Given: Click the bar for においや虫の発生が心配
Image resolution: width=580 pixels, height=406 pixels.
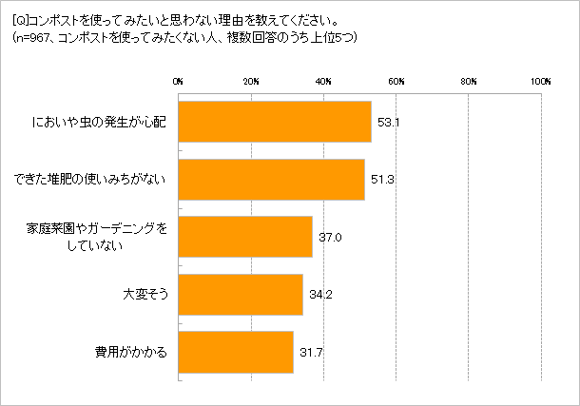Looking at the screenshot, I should [275, 122].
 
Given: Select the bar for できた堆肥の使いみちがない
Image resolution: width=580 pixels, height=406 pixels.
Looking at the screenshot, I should [271, 180].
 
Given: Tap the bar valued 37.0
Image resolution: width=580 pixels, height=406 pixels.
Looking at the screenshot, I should [245, 237].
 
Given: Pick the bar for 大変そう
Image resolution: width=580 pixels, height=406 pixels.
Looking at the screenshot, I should [241, 295].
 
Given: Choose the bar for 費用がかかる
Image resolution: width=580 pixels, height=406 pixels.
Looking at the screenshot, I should [236, 352].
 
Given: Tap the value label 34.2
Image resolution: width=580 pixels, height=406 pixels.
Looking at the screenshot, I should [319, 295].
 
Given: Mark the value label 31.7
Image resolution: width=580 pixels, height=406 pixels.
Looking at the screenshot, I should [310, 352].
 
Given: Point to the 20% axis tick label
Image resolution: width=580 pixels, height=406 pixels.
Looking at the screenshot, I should [251, 83].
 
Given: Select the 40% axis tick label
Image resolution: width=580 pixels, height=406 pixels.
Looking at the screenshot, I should [323, 83].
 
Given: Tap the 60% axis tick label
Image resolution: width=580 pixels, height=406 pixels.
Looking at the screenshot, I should [396, 83].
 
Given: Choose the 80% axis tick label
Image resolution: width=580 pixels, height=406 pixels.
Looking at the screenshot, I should [469, 83].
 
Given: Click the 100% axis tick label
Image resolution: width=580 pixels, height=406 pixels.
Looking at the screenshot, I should [541, 83].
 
